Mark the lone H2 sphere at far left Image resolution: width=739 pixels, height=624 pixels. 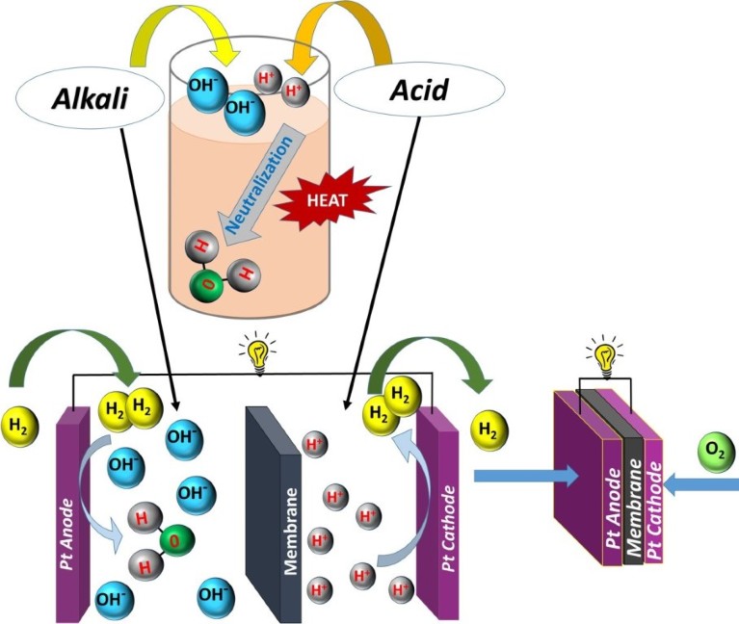coord(19,422)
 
